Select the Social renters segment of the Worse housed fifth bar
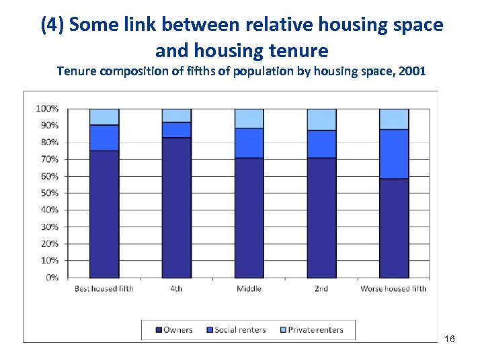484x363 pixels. (x=394, y=154)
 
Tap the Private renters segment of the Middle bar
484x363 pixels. (x=249, y=118)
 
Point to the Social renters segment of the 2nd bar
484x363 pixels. (x=321, y=144)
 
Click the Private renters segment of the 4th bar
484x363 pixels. (x=176, y=115)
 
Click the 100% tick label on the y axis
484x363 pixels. (x=46, y=108)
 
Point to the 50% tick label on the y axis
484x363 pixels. (x=48, y=193)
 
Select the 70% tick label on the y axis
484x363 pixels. (x=48, y=159)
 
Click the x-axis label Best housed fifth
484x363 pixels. (x=104, y=289)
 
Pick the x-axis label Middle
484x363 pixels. (x=249, y=289)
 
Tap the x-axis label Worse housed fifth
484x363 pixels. (x=393, y=289)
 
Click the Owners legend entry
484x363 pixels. (x=174, y=330)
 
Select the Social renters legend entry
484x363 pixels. (x=236, y=330)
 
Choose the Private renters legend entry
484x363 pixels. (x=311, y=330)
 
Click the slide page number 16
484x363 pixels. (x=450, y=339)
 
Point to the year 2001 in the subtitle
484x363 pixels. (x=411, y=70)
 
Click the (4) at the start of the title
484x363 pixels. (x=52, y=26)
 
